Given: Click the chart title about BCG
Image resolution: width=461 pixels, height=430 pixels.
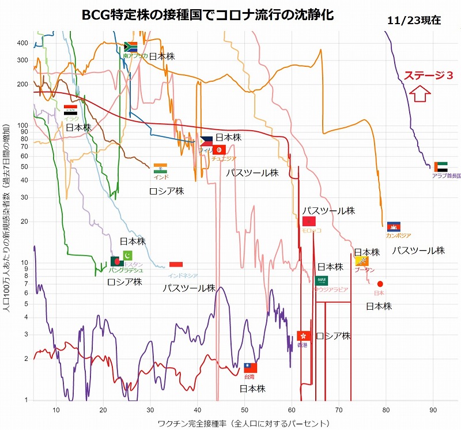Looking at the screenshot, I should [207, 14].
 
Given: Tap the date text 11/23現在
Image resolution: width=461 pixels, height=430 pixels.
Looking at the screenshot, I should [414, 20].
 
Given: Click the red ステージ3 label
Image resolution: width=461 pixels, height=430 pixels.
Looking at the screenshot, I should [428, 75].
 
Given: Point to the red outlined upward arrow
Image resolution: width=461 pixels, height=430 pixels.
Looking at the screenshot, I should [420, 93].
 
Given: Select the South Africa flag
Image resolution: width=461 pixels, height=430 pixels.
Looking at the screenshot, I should [130, 46].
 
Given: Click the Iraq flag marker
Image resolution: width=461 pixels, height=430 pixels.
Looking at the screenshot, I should [71, 109].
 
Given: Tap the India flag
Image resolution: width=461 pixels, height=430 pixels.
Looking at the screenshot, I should [160, 168].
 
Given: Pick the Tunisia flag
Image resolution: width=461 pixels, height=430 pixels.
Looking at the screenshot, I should [218, 150].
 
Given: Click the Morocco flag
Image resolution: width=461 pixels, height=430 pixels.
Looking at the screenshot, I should [309, 222].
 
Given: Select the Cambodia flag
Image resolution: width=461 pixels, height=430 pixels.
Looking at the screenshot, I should [394, 226].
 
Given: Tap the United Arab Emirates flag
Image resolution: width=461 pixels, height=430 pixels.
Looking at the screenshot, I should [441, 167].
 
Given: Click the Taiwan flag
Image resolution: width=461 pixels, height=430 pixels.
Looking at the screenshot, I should [250, 367].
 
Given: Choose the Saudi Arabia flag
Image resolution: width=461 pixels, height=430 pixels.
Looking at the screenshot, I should [322, 280].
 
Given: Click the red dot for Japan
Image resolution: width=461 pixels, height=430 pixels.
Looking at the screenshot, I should [380, 284].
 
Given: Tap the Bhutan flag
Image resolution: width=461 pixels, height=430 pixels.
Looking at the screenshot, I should [362, 261].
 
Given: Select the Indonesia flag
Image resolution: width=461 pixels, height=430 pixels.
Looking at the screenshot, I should [176, 264].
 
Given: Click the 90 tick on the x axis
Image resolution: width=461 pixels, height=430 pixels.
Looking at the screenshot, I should [433, 410].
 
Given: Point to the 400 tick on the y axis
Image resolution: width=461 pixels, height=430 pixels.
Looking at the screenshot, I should [22, 43].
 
